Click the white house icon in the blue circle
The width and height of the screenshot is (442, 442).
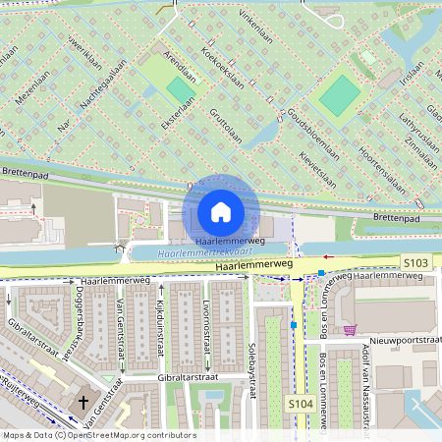221,211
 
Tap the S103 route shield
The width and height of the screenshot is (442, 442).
415,263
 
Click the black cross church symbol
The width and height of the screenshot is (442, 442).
83,402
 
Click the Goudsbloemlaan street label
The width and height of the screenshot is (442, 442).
313,138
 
